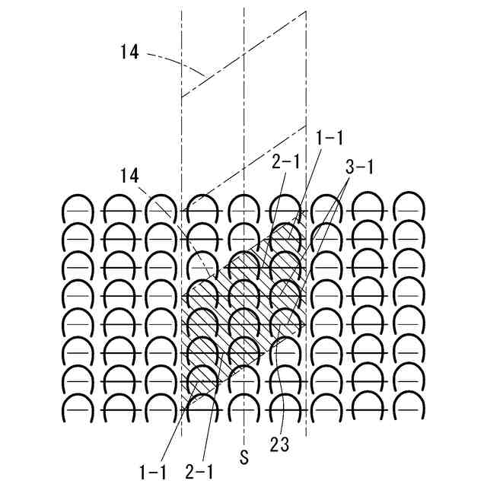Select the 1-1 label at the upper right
coord(329,137)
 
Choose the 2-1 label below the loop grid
coord(199,473)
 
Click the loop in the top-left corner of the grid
coord(78,208)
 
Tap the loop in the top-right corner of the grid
coord(407,208)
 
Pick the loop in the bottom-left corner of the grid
coord(78,406)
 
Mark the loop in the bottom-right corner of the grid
coord(407,406)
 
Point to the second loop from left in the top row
coord(119,208)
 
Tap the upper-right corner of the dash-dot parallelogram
coord(306,12)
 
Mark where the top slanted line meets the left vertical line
coord(182,97)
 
